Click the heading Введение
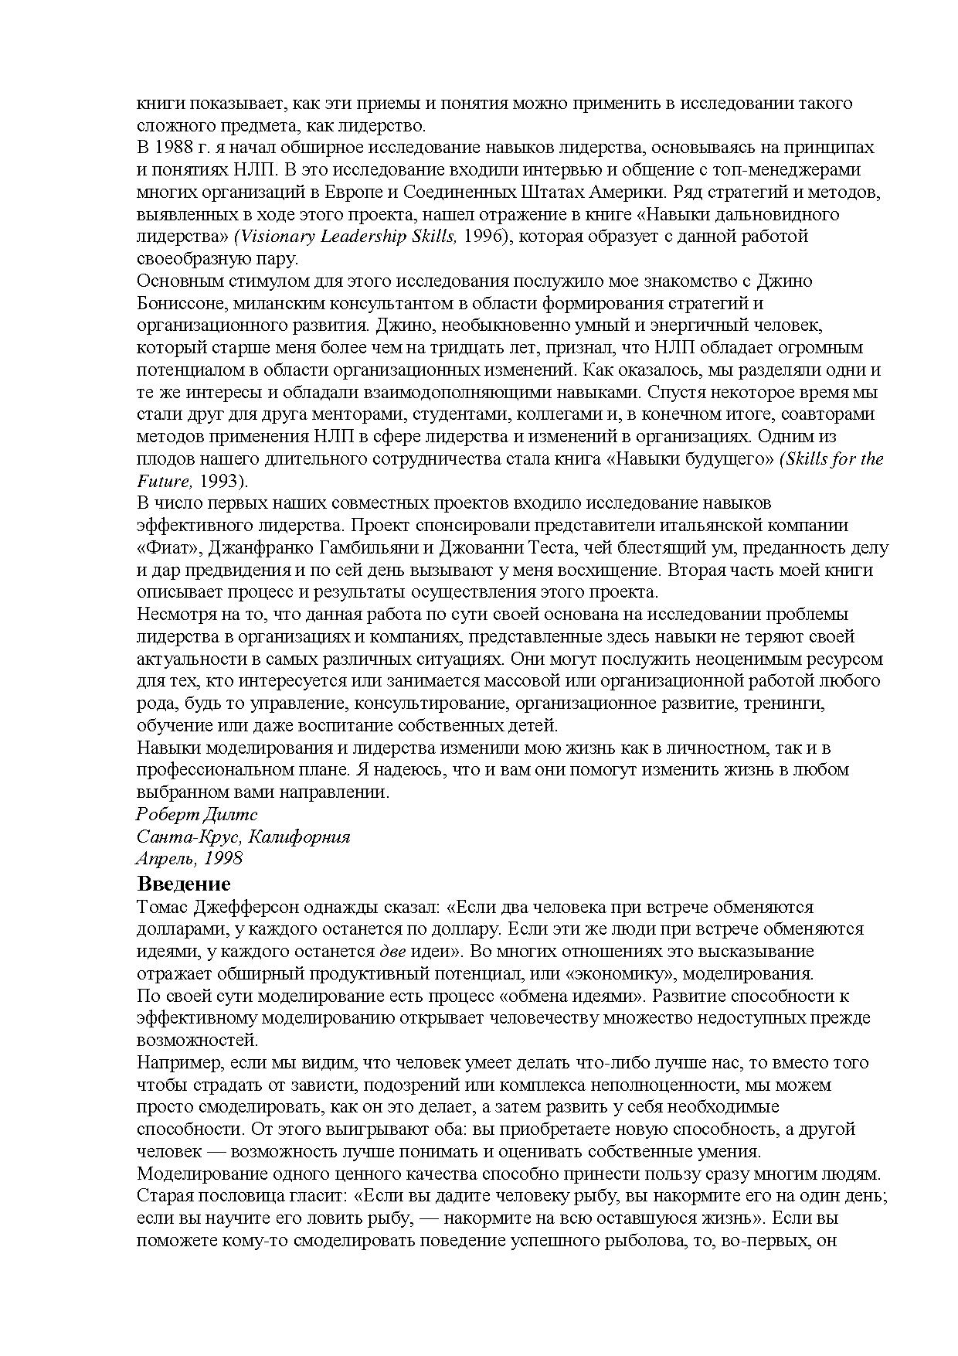coord(184,883)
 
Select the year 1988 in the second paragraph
coord(178,147)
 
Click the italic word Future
coord(163,481)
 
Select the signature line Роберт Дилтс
coord(196,814)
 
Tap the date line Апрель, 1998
coord(189,858)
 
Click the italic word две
coord(392,951)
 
